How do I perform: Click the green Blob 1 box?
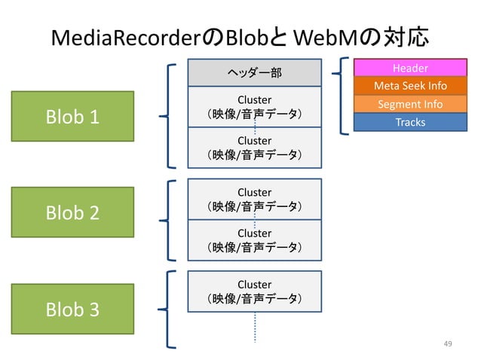73,117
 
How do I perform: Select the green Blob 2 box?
73,213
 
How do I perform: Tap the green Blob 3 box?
73,309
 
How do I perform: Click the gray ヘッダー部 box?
255,72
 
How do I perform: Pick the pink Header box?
411,69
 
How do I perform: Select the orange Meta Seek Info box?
411,86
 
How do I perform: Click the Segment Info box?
411,104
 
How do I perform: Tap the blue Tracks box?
411,122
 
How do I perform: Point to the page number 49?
448,344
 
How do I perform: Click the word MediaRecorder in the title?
127,37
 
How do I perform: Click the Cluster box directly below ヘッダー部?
255,107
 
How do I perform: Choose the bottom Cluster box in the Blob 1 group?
255,148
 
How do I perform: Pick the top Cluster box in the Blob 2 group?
255,200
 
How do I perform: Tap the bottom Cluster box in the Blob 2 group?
255,240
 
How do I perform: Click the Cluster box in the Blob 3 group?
255,291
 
